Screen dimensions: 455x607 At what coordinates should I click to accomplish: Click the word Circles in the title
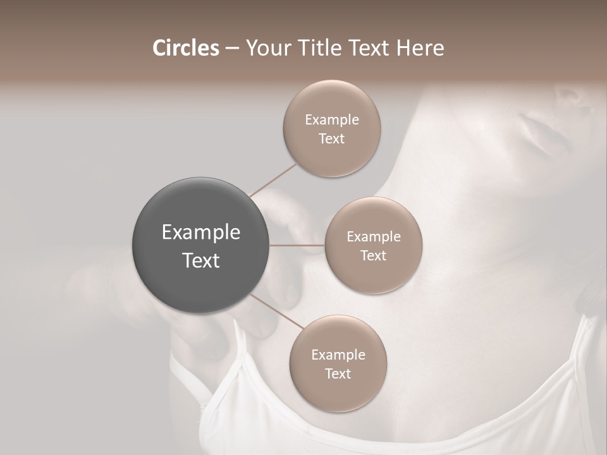(185, 48)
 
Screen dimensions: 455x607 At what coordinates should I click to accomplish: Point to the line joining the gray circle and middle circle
(297, 245)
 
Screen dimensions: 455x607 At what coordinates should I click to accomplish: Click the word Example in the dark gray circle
(200, 233)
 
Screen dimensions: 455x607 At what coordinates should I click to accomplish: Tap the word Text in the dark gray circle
(200, 260)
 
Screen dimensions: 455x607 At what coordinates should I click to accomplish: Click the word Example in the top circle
(331, 120)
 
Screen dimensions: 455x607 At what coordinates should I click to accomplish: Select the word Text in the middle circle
(373, 255)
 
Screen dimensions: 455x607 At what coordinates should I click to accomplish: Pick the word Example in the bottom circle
(338, 355)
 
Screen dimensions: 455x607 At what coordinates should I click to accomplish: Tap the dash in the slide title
(232, 49)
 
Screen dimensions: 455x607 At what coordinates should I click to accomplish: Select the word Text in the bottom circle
(338, 374)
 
